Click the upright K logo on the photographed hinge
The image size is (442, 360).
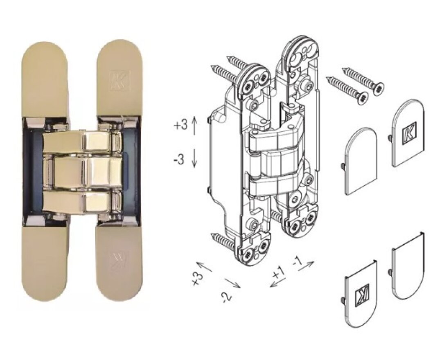120,81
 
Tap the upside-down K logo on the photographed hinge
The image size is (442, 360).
119,260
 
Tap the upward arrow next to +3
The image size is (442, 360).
195,125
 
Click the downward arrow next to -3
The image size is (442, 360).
195,159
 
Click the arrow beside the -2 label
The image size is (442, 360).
232,282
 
